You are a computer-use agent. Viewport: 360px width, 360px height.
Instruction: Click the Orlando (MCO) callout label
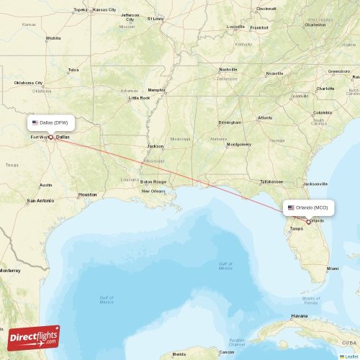point(310,207)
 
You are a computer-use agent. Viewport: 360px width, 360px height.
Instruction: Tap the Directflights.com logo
point(35,337)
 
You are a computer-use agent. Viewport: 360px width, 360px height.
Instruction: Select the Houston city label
point(87,194)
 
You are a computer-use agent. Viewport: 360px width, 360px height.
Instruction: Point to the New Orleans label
point(153,191)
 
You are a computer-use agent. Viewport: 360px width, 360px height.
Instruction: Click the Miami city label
point(332,269)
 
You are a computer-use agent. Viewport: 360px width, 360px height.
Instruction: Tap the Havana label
point(298,316)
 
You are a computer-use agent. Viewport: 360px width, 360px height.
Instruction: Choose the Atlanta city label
point(266,117)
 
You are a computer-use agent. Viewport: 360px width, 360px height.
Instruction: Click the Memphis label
point(156,90)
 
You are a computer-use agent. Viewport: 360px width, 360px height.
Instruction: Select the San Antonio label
point(40,200)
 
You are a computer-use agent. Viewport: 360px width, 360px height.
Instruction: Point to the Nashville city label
point(228,69)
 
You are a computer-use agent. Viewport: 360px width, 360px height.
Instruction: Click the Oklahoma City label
point(30,83)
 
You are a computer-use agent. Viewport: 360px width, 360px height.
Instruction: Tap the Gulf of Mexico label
point(225,265)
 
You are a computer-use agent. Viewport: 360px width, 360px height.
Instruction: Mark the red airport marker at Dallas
point(50,137)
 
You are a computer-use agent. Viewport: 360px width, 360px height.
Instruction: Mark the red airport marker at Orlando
point(308,222)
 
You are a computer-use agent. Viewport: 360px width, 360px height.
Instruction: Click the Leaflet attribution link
point(351,356)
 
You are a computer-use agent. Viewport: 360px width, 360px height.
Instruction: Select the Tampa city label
point(296,229)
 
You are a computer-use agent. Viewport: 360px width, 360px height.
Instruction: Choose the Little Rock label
point(139,97)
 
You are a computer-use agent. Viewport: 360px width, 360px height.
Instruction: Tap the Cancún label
point(227,353)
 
